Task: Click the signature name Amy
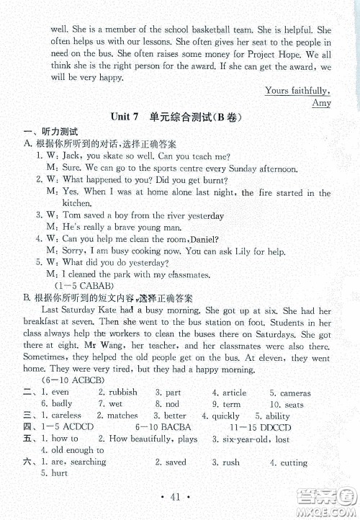click(321, 103)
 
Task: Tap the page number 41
click(180, 496)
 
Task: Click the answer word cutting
click(294, 462)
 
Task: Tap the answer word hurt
click(59, 473)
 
